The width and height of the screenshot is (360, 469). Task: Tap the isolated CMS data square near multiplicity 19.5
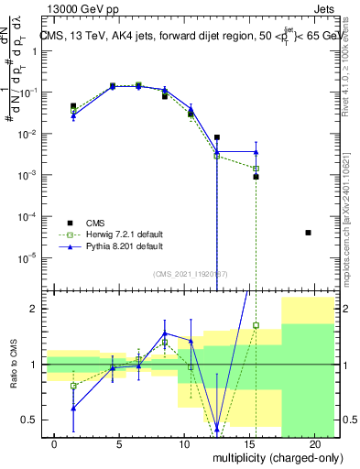(308, 233)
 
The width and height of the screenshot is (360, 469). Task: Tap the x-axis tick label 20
(314, 444)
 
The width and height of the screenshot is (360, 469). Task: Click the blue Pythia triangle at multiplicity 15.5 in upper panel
(256, 152)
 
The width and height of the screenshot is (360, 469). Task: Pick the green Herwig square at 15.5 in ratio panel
(256, 325)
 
